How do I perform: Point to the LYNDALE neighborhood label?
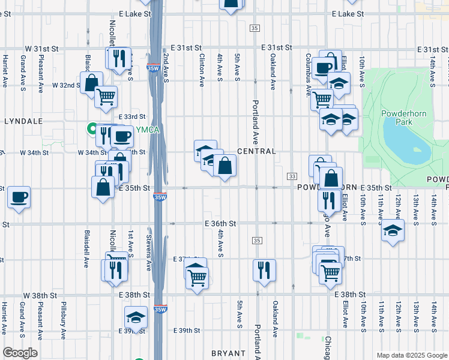pyautogui.click(x=23, y=121)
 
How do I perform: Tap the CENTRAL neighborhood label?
pyautogui.click(x=256, y=152)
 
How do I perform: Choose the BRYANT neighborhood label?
pyautogui.click(x=228, y=353)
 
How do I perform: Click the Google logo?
pyautogui.click(x=20, y=353)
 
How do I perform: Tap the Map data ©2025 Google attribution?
pyautogui.click(x=411, y=355)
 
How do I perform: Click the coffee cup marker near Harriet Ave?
pyautogui.click(x=19, y=197)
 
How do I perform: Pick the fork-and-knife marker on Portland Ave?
pyautogui.click(x=264, y=270)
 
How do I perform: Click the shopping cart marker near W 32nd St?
pyautogui.click(x=106, y=97)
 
